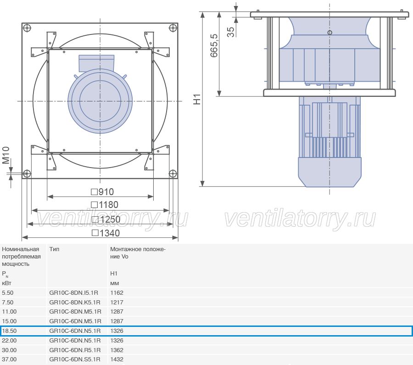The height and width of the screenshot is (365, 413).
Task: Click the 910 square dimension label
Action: click(102, 192)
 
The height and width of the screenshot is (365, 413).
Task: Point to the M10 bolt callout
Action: click(6, 155)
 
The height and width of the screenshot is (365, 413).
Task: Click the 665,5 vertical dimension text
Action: click(214, 45)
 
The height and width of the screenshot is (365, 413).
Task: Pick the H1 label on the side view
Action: click(197, 99)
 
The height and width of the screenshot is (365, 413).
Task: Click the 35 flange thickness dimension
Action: click(230, 32)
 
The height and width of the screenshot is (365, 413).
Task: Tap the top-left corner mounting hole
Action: click(27, 28)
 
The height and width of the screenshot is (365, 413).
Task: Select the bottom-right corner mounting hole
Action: click(173, 174)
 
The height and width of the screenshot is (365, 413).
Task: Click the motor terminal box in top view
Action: click(97, 63)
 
